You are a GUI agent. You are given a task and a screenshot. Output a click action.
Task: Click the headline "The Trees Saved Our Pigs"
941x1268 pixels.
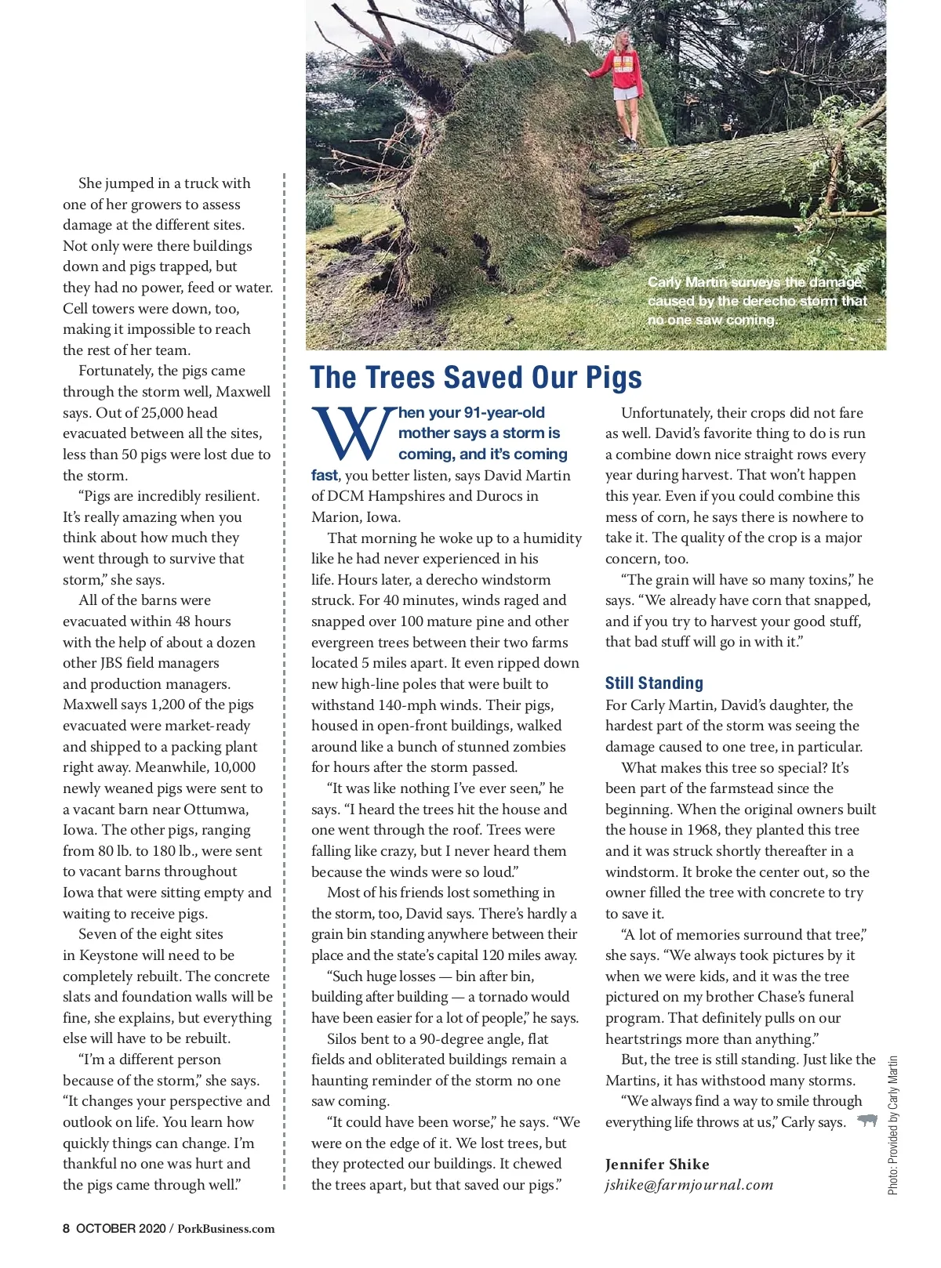click(x=475, y=378)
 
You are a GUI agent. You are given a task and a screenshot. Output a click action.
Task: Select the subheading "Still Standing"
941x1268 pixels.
click(x=654, y=683)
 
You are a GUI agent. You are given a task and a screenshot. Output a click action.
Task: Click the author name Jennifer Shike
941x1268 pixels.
click(x=657, y=1165)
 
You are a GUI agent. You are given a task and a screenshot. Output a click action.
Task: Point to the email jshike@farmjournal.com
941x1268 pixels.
click(x=688, y=1185)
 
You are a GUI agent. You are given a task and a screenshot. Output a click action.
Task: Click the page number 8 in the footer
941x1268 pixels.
click(x=67, y=1228)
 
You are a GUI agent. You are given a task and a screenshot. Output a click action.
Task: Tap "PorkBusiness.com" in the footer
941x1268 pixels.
click(x=226, y=1228)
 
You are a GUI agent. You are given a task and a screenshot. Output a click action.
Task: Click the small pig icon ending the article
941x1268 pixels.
click(x=867, y=1121)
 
